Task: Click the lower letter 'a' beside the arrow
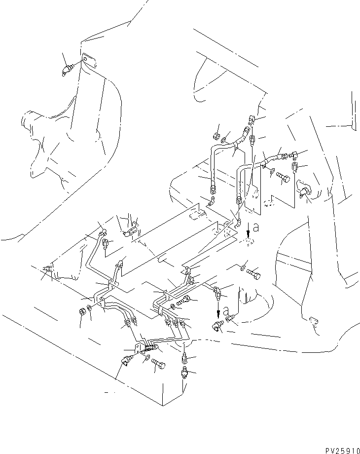click(225, 312)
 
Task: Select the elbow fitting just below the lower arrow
click(217, 326)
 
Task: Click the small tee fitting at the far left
click(48, 269)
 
